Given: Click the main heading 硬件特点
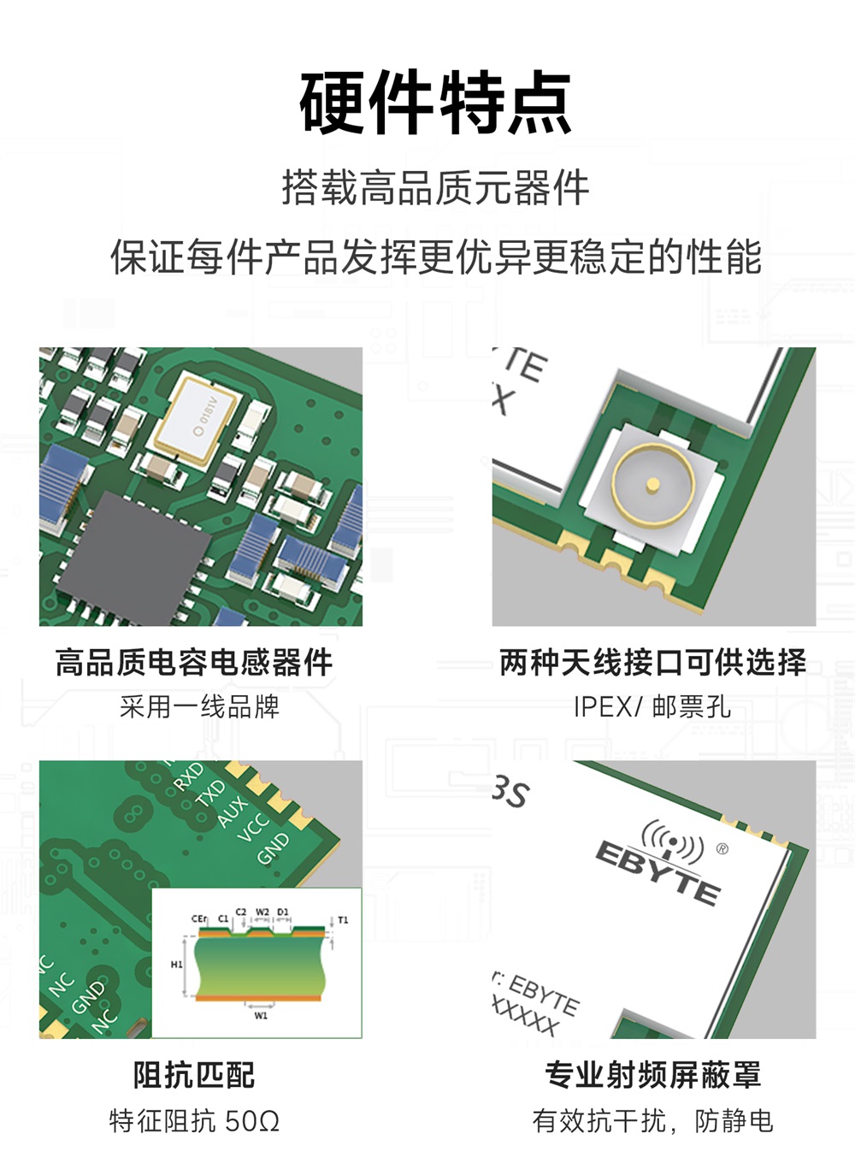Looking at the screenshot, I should pyautogui.click(x=435, y=103).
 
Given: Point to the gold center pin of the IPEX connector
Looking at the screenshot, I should pyautogui.click(x=652, y=485).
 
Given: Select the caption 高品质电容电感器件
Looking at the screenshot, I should pyautogui.click(x=194, y=662).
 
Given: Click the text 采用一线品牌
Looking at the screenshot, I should pyautogui.click(x=199, y=707).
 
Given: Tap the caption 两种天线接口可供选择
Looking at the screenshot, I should pyautogui.click(x=652, y=662).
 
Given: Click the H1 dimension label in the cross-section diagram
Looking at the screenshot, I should pyautogui.click(x=176, y=964).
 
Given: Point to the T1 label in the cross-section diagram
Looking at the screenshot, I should pyautogui.click(x=343, y=920).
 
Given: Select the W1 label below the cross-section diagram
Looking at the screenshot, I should pyautogui.click(x=261, y=1016).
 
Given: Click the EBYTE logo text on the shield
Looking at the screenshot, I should pyautogui.click(x=658, y=871).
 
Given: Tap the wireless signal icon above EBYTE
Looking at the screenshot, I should pyautogui.click(x=673, y=841).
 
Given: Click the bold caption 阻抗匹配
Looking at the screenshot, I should pyautogui.click(x=194, y=1075).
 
